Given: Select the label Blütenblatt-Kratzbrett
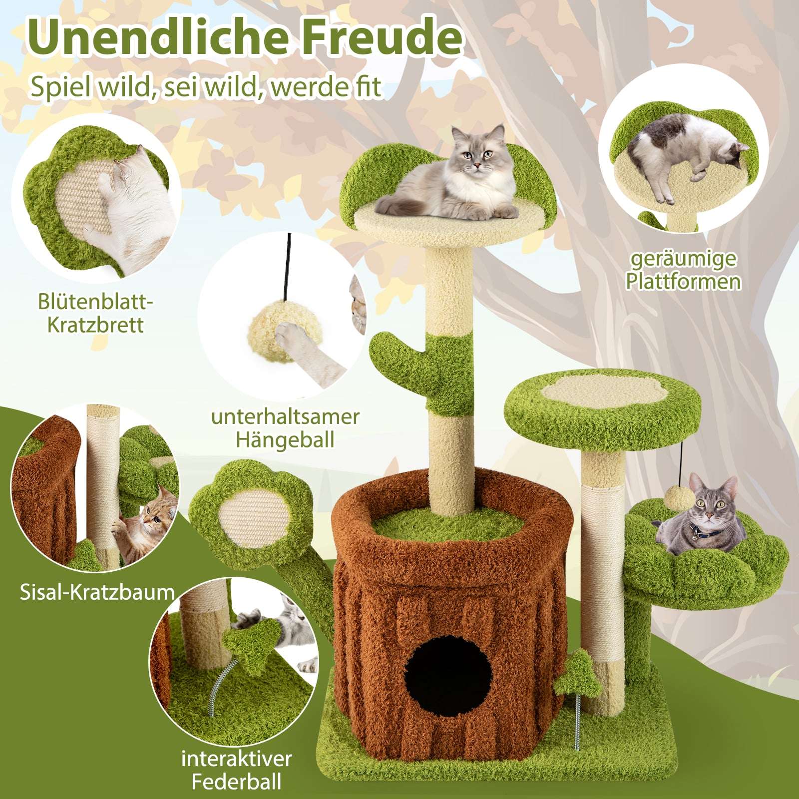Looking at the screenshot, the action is coord(95,313).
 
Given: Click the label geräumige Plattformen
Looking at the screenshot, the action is coord(683,270).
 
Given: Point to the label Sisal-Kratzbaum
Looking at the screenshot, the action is coord(97,592).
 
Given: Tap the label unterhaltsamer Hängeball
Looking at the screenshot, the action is coord(285,428).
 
